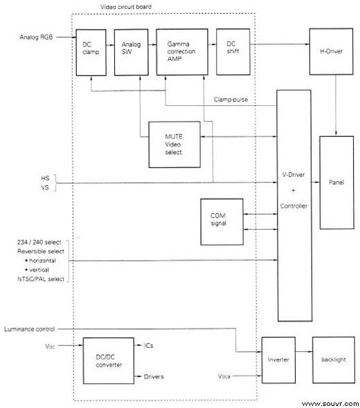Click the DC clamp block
click(x=91, y=53)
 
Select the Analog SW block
click(x=132, y=53)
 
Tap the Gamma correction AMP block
click(x=182, y=52)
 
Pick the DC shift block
click(x=233, y=52)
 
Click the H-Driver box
click(x=331, y=52)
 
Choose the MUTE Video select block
click(x=174, y=145)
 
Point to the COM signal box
click(x=222, y=222)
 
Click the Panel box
click(x=336, y=183)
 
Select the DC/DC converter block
click(x=109, y=361)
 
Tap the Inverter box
click(x=278, y=360)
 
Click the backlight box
click(x=334, y=360)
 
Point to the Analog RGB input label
click(x=36, y=37)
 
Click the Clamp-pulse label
click(x=231, y=100)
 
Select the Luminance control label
click(x=30, y=329)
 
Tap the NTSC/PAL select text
click(x=41, y=279)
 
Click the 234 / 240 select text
click(x=39, y=242)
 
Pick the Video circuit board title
click(x=126, y=7)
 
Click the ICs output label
click(x=148, y=346)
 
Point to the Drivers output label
click(x=154, y=376)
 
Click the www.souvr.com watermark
click(x=330, y=404)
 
